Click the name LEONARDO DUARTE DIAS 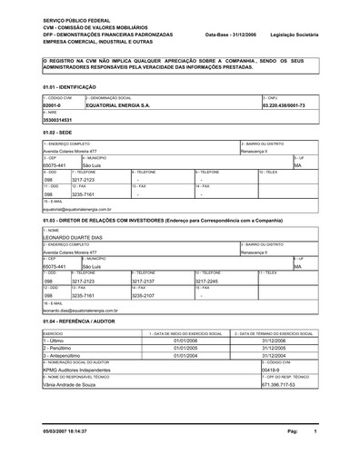click(80, 237)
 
